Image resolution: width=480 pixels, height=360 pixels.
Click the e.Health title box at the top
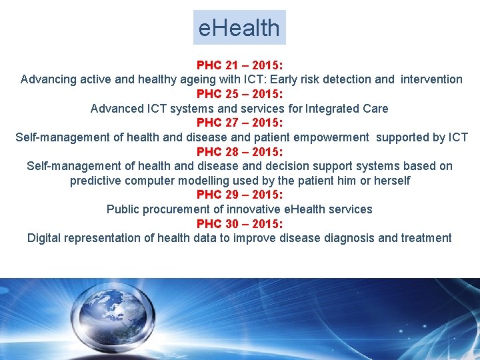(x=239, y=27)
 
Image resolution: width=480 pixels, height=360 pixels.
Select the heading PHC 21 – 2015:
(x=239, y=65)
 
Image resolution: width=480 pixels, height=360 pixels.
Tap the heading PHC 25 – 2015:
(x=239, y=94)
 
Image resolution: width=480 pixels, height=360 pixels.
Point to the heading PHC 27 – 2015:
(x=239, y=123)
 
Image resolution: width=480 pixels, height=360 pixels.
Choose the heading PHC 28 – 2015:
(x=239, y=151)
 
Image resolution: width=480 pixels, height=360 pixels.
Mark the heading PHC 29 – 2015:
(x=239, y=195)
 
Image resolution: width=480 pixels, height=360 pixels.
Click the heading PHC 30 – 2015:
(x=239, y=223)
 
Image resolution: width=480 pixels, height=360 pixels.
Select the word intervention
(x=431, y=79)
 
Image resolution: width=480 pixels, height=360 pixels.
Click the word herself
(x=389, y=181)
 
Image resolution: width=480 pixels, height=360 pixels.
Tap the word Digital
(x=45, y=238)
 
